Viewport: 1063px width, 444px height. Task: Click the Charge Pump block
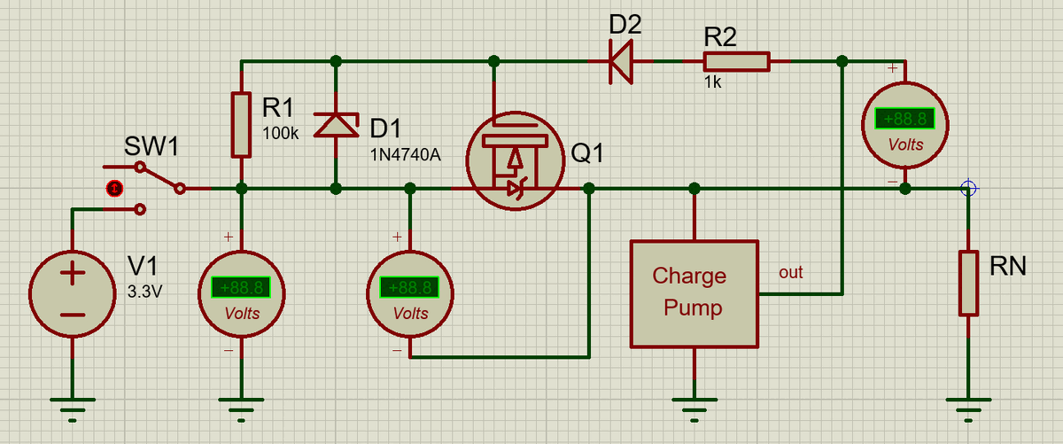(x=694, y=293)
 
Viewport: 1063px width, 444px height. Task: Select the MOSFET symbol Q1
(x=515, y=160)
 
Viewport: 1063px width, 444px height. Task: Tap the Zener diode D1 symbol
(x=336, y=125)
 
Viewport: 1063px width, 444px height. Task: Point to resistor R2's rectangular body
(x=736, y=61)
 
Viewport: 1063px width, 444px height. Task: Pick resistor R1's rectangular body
(x=241, y=125)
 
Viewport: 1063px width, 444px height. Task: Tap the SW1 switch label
(x=151, y=144)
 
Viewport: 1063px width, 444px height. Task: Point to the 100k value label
(x=282, y=133)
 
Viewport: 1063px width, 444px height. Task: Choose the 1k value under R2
(x=713, y=82)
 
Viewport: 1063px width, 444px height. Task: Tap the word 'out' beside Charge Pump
(x=790, y=272)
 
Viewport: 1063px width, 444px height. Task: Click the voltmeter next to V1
(x=241, y=293)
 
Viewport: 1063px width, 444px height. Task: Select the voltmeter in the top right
(x=904, y=125)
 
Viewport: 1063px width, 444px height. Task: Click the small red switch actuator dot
(x=113, y=188)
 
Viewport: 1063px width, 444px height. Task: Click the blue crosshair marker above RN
(x=968, y=188)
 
